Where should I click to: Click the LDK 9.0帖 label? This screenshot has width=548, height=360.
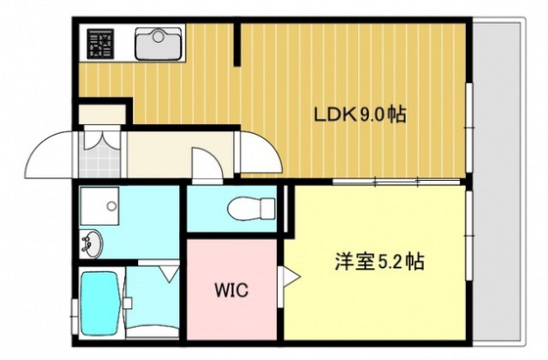coord(358,114)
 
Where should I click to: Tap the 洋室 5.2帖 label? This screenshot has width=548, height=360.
coord(382,263)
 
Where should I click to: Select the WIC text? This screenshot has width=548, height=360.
coord(231,291)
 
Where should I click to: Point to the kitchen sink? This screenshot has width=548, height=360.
coord(158,43)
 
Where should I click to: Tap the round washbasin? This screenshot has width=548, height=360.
coord(92,241)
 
